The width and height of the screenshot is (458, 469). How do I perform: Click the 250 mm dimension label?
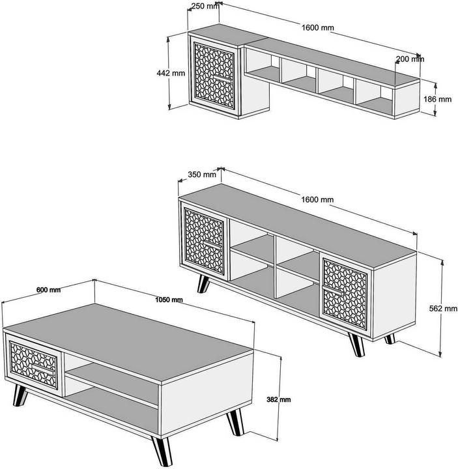[x=204, y=7]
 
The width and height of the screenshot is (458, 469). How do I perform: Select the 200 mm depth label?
[x=410, y=59]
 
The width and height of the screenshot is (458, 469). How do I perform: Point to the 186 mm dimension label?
[x=437, y=99]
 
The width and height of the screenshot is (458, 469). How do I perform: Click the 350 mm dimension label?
[x=201, y=174]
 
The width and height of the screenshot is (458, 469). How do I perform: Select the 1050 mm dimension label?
[x=168, y=300]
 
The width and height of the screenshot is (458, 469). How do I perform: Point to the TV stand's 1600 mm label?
[x=317, y=199]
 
